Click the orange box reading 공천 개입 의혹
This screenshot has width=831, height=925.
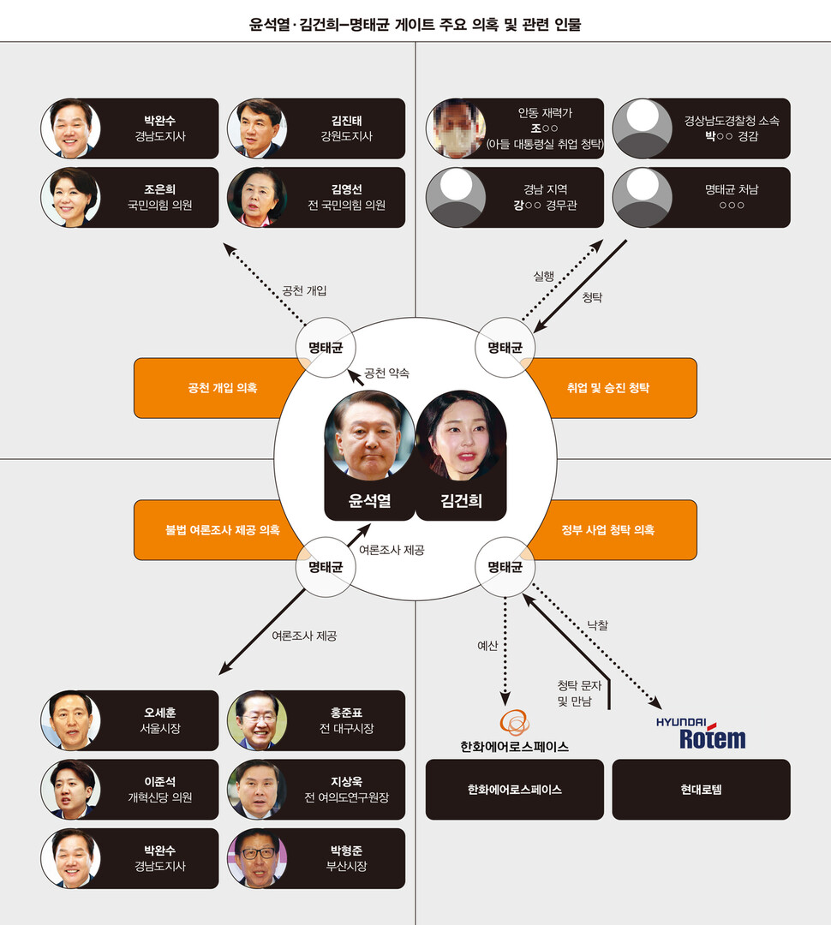click(222, 388)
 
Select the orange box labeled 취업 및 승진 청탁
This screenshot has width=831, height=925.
click(608, 388)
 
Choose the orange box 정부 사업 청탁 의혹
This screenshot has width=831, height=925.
click(608, 530)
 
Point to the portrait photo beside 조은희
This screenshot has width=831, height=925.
click(70, 197)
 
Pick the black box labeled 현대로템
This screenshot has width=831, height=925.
click(701, 790)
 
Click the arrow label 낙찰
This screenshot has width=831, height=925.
click(598, 626)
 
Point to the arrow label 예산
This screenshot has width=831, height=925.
click(487, 646)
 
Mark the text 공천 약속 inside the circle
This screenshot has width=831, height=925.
click(386, 373)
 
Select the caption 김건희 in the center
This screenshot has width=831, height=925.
click(461, 500)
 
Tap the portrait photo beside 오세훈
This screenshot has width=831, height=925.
click(70, 720)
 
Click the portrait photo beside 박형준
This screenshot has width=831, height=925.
click(257, 857)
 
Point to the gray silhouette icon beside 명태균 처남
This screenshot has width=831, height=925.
click(643, 197)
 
